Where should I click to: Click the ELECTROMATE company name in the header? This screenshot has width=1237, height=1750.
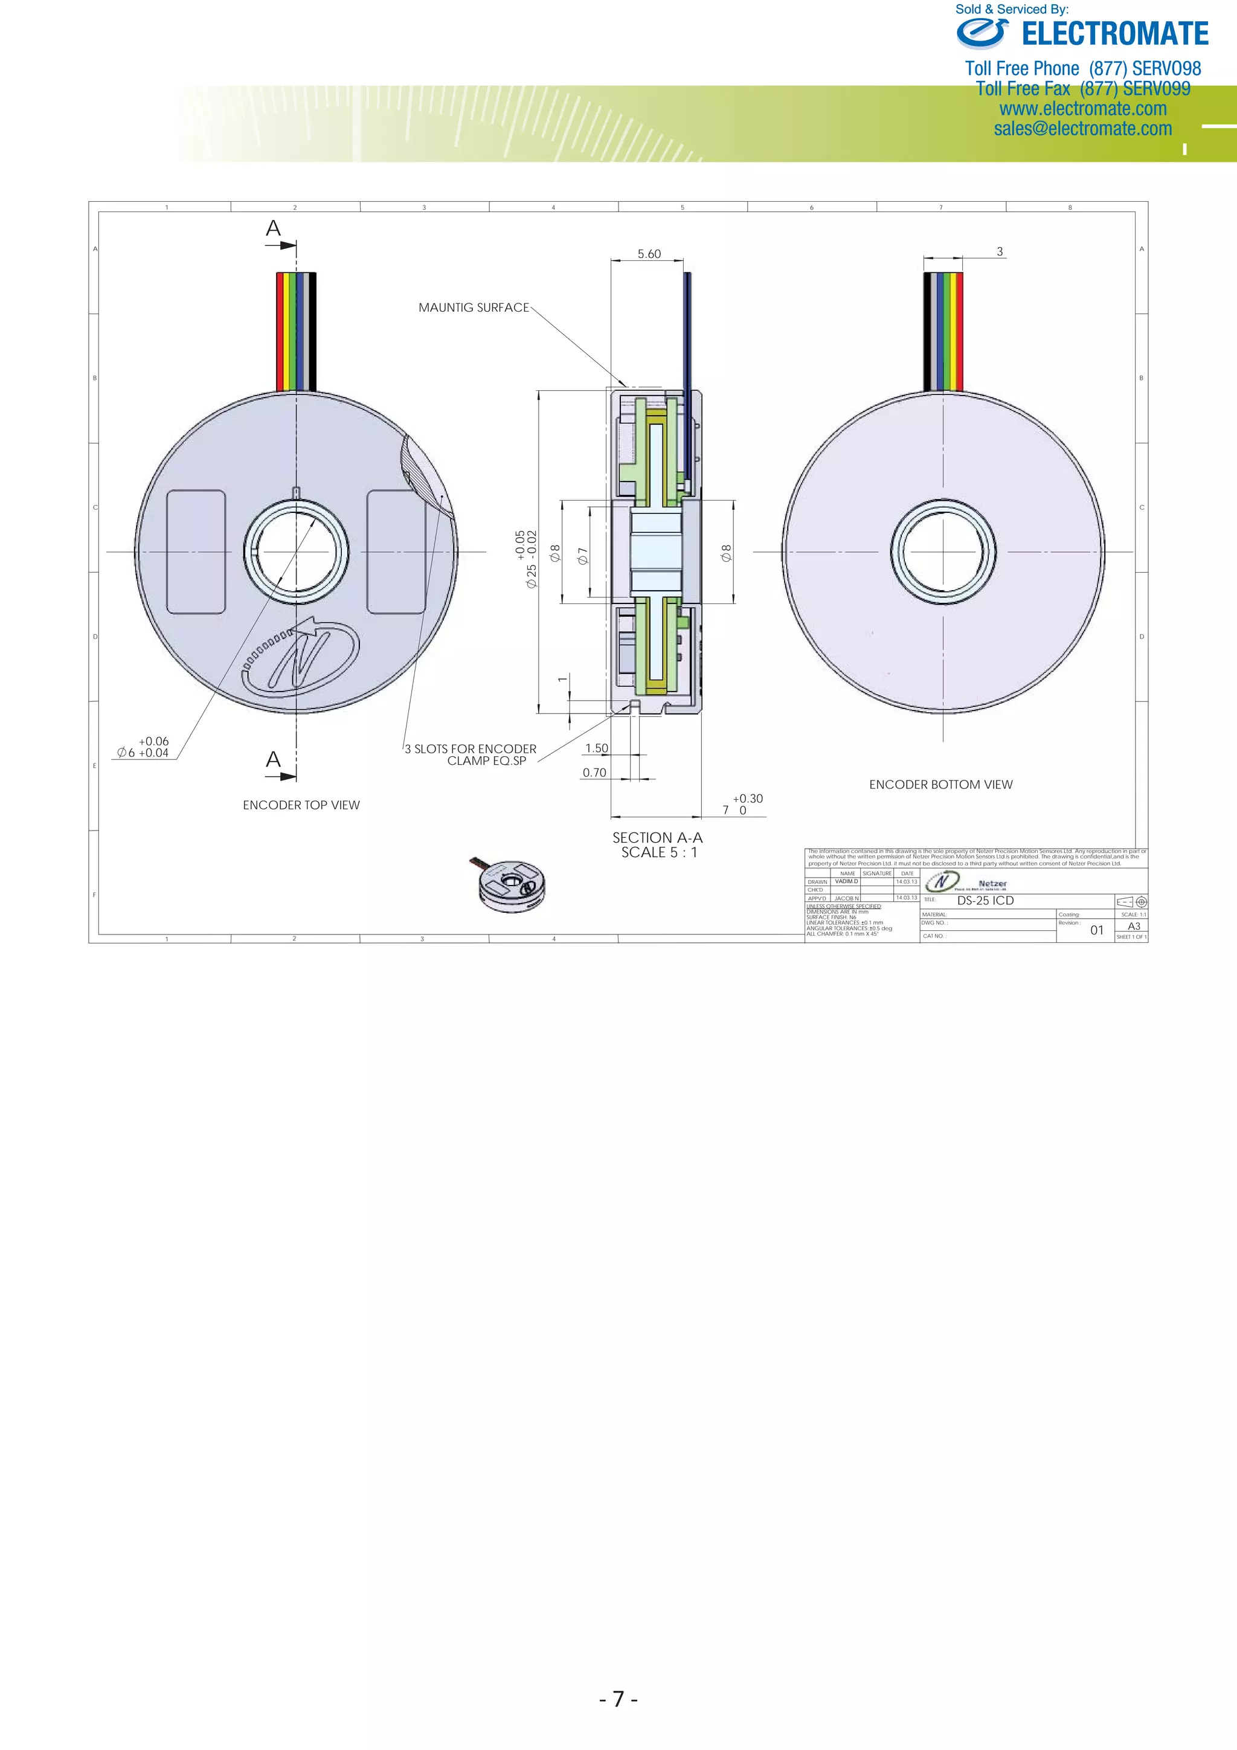click(1114, 34)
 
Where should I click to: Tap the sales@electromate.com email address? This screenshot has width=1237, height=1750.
click(1082, 129)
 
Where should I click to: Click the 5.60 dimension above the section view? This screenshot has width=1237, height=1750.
click(649, 254)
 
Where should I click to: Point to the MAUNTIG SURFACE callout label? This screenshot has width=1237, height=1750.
click(474, 307)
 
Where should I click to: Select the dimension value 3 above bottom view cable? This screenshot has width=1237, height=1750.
click(999, 251)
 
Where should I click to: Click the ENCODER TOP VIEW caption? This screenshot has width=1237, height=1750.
click(301, 805)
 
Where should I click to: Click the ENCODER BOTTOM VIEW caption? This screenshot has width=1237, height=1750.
click(940, 784)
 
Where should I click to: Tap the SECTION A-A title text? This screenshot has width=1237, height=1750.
click(657, 838)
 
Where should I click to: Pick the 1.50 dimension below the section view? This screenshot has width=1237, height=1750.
click(597, 748)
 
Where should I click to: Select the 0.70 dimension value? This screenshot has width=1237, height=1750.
click(594, 773)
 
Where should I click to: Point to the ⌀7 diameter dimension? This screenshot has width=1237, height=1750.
click(583, 556)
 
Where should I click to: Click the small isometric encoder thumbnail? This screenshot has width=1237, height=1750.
click(513, 884)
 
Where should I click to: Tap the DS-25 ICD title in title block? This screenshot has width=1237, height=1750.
click(986, 900)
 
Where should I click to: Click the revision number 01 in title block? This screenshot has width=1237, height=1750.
click(1097, 930)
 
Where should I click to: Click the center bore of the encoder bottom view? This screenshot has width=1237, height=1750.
click(943, 551)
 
